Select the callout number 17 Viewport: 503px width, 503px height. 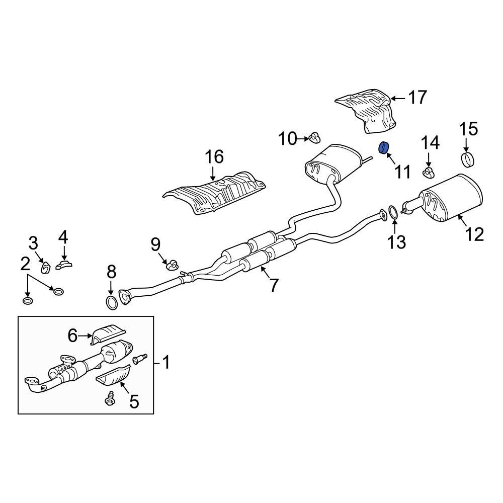(417, 97)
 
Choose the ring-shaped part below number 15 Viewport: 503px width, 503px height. (468, 160)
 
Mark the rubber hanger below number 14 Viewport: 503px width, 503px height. (428, 174)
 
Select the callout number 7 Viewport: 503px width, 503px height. (274, 285)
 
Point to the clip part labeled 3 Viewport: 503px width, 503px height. (45, 267)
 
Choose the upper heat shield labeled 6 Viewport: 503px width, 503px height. (108, 335)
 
